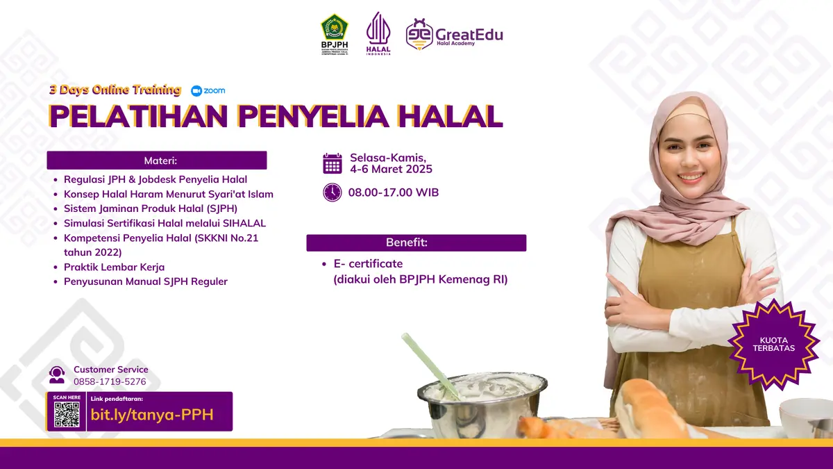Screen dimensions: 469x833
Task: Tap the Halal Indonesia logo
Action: (378, 33)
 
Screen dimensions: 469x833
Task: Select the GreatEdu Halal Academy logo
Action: (455, 34)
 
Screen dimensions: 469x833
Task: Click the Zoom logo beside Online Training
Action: (208, 90)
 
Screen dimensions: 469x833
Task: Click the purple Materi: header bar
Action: (157, 161)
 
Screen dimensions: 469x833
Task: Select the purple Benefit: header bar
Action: (416, 242)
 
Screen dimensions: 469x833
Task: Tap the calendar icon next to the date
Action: (333, 163)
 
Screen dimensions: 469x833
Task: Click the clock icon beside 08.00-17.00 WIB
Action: (333, 192)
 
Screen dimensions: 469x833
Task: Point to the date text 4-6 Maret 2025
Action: (391, 170)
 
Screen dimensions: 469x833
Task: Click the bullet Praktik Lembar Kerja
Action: (114, 267)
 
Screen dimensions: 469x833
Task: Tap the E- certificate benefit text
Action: (368, 264)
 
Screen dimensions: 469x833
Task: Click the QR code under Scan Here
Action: (67, 415)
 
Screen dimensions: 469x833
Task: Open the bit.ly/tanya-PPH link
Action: (152, 415)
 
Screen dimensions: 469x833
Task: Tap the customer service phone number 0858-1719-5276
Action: (110, 381)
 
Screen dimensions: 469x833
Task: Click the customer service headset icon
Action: (57, 375)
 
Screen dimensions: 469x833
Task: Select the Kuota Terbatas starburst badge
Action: (773, 343)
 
